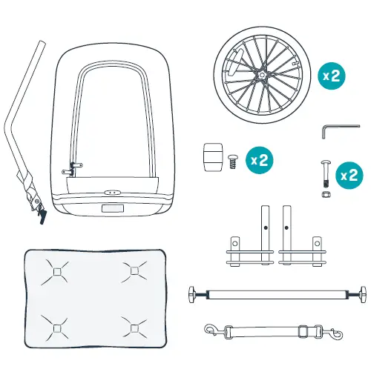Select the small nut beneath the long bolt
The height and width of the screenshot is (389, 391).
(x=324, y=194)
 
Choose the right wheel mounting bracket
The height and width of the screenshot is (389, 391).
(x=303, y=245)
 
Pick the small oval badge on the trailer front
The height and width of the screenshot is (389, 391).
(x=112, y=190)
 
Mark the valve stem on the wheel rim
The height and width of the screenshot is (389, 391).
(x=231, y=68)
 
